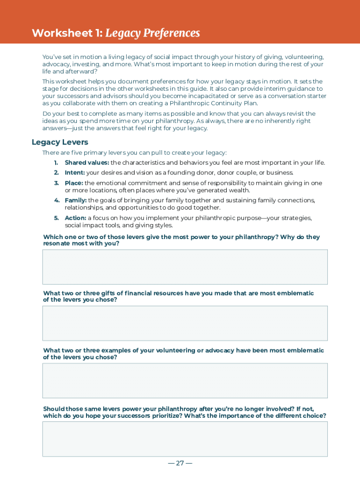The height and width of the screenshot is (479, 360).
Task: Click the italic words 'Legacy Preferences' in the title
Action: (x=152, y=33)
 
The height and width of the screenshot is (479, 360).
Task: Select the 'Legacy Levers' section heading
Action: (x=60, y=142)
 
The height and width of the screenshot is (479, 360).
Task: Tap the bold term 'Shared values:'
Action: (x=87, y=163)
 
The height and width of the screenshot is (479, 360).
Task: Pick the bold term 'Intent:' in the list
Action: (x=75, y=173)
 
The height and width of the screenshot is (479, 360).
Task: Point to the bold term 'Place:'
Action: (x=74, y=183)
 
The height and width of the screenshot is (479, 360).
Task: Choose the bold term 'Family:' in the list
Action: (x=76, y=200)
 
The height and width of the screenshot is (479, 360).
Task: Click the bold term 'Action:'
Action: (x=75, y=218)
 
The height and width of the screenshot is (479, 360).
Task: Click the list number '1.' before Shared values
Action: (x=56, y=163)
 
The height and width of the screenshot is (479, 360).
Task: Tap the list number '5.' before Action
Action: (x=56, y=218)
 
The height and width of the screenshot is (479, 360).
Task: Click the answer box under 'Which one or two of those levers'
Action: (x=185, y=267)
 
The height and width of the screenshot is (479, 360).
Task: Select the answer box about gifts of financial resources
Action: (x=185, y=323)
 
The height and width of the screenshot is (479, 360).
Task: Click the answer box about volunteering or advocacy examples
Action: (x=185, y=380)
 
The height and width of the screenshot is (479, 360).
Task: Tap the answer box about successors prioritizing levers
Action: (x=185, y=439)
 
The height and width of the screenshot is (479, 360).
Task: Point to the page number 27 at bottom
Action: (x=180, y=463)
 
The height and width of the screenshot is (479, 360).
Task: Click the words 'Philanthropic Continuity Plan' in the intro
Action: (x=213, y=103)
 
